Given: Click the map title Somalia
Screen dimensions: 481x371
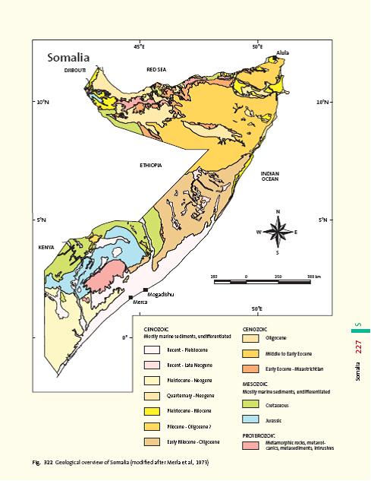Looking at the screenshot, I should pos(68,57).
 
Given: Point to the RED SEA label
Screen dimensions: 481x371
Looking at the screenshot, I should pos(156,69).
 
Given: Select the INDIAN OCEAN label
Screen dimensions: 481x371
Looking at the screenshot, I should pos(269,176).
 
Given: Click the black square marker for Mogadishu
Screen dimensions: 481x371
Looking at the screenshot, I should pos(145,290).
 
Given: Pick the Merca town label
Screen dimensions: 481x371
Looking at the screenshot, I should pos(140,302).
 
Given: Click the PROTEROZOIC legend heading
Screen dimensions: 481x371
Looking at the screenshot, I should pos(263,435).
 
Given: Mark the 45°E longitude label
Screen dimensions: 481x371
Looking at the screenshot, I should pos(139,47).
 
